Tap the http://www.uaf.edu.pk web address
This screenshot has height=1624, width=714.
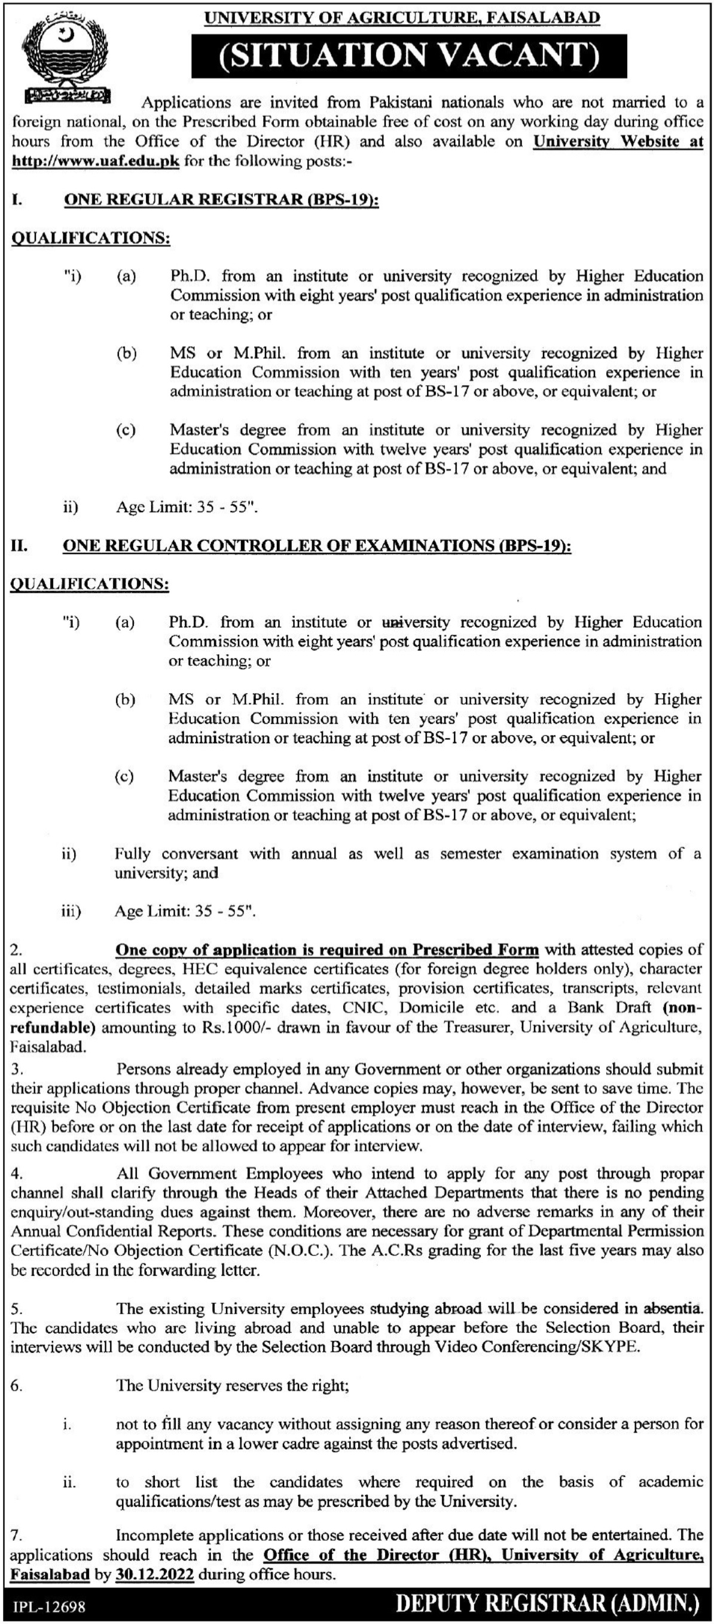[96, 161]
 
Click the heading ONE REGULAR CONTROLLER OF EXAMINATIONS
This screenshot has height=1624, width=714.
[316, 546]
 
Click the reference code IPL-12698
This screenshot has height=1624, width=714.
[48, 1608]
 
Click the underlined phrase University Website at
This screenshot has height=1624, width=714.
[618, 141]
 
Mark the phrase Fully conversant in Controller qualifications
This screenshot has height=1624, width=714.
[176, 854]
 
